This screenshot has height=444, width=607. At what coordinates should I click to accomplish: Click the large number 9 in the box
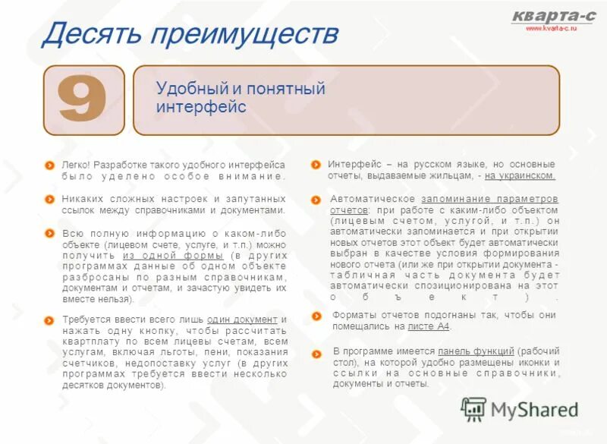[x=83, y=100]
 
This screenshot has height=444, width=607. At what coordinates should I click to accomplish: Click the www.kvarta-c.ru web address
[x=552, y=27]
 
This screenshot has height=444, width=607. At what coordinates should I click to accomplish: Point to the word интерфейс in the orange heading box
[x=201, y=107]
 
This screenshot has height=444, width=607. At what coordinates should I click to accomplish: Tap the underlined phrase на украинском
[x=521, y=175]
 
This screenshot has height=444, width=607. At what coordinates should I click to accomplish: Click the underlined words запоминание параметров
[x=489, y=199]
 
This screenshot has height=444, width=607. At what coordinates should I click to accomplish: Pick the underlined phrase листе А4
[x=428, y=326]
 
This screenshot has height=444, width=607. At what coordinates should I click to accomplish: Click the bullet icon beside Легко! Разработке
[x=49, y=165]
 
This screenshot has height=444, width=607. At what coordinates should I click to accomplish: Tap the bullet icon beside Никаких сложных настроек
[x=49, y=199]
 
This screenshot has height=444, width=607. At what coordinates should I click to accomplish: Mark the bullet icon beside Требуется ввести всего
[x=49, y=320]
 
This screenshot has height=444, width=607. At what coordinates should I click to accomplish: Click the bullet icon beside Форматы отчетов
[x=316, y=315]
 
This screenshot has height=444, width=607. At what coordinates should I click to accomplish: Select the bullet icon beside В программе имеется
[x=316, y=352]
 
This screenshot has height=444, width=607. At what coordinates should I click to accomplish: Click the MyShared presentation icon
[x=473, y=409]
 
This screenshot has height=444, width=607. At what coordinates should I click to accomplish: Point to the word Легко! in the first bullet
[x=76, y=165]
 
